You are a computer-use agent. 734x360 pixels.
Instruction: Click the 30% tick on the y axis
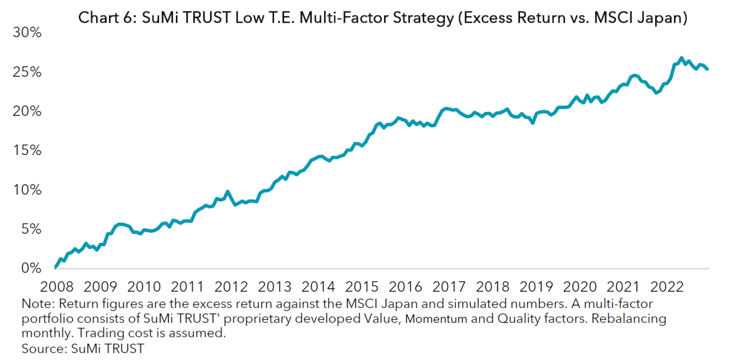tap(27, 32)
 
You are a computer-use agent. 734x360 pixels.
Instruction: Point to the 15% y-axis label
tap(27, 150)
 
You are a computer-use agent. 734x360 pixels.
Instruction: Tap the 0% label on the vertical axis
tap(31, 268)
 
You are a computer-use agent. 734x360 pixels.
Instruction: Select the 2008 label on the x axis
tap(57, 287)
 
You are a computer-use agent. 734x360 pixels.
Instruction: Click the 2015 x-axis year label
tap(362, 287)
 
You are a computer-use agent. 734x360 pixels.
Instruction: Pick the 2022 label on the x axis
tap(667, 287)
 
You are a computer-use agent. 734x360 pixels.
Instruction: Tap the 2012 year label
tap(231, 287)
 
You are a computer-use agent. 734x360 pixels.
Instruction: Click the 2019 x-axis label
tap(536, 287)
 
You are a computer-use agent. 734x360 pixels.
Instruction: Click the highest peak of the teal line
tap(681, 58)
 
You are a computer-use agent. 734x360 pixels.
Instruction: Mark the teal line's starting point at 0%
tap(55, 268)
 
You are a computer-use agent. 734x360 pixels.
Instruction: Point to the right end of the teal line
tap(708, 69)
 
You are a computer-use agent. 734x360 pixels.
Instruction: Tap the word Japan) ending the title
tap(664, 18)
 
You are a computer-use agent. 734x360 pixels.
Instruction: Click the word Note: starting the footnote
tap(38, 304)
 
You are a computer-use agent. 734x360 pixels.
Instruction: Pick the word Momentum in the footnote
tap(436, 319)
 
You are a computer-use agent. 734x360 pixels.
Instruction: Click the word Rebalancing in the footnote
tap(628, 319)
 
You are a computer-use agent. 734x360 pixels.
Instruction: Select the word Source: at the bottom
tap(44, 349)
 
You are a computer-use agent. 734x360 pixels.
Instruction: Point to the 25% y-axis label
tap(27, 72)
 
